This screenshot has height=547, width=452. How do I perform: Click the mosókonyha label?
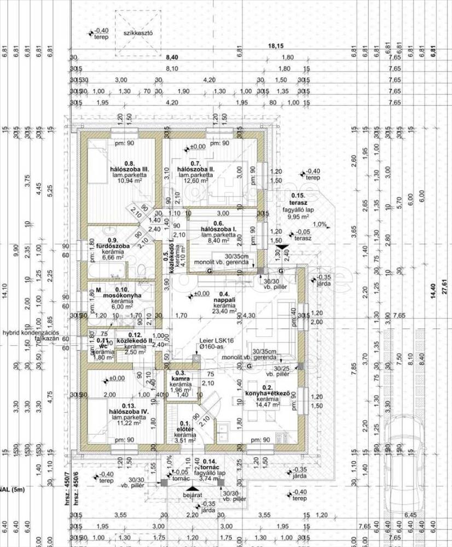coord(123,296)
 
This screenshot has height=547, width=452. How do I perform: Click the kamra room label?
coord(180,378)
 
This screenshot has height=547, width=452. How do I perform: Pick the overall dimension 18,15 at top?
coord(276,46)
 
